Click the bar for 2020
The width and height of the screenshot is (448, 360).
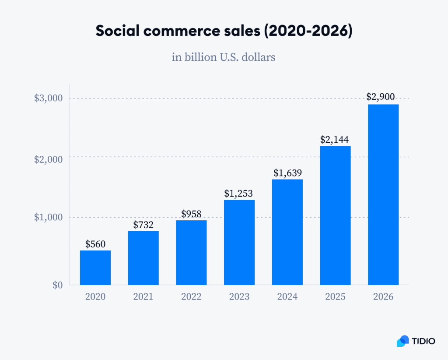pos(95,268)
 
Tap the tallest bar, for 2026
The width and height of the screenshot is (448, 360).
pos(383,194)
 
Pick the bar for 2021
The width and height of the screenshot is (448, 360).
pos(143,258)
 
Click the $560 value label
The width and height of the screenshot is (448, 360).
pos(95,244)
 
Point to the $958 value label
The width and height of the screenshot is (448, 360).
pos(191,214)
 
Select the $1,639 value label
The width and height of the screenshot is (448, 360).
pos(287,173)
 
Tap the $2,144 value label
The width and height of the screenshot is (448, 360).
pos(335,140)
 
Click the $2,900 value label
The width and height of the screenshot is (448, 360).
pos(383,98)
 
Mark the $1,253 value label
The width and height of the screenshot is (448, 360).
pos(239,193)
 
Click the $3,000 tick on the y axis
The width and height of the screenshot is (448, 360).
pos(49,98)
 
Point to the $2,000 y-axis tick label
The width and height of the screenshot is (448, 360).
pos(49,159)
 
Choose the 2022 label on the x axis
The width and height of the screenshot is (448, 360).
pos(191,297)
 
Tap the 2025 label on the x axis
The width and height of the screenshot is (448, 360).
pos(335,297)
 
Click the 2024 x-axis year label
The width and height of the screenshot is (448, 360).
pos(287,297)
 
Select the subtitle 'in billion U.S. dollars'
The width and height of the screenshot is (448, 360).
pos(224,57)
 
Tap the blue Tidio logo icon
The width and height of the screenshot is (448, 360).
pos(402,341)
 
